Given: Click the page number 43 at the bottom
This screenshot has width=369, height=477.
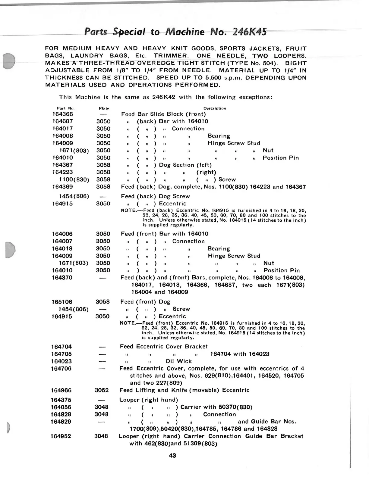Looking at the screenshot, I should click(x=172, y=455).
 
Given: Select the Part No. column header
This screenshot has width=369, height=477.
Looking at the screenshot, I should click(x=65, y=108).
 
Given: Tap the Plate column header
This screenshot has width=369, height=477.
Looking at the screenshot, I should click(x=104, y=108).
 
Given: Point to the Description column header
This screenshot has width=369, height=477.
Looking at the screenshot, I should click(x=214, y=108).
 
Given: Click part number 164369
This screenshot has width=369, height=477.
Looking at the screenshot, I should click(x=62, y=187).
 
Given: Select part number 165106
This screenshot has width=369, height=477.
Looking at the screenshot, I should click(x=62, y=302).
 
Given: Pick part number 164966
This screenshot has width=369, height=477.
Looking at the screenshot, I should click(x=61, y=390).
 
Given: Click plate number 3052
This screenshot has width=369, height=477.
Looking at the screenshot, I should click(x=102, y=390).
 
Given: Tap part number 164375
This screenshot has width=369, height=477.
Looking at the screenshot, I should click(x=61, y=400).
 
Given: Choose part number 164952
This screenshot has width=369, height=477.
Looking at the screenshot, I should click(x=61, y=436).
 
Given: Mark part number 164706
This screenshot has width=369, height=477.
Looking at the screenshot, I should click(x=61, y=368).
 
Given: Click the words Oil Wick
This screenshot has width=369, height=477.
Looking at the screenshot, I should click(x=178, y=361).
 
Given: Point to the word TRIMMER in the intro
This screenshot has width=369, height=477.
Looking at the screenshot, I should click(x=171, y=56).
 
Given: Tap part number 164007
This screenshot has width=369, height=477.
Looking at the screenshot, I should click(x=62, y=241).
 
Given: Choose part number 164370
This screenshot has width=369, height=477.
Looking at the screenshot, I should click(x=62, y=278).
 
